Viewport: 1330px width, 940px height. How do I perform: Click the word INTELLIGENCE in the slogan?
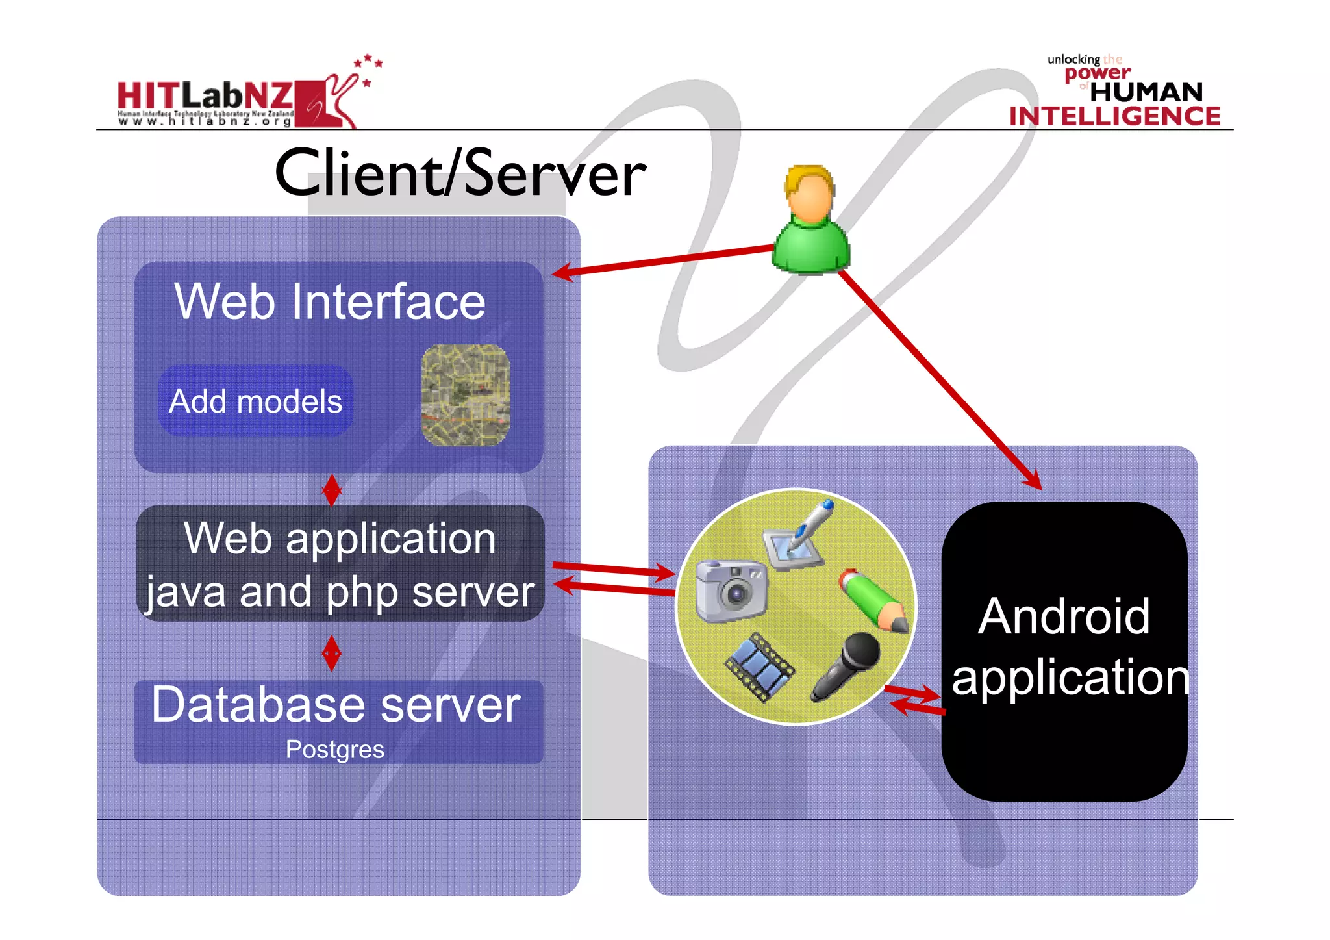click(1114, 117)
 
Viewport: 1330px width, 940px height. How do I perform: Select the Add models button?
click(255, 401)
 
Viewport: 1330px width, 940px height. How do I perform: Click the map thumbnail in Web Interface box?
click(465, 395)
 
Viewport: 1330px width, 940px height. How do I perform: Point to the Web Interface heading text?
click(330, 301)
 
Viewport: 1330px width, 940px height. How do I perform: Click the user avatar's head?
click(809, 195)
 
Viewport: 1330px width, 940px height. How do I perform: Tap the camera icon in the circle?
click(731, 590)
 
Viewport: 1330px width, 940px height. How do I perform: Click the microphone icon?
click(846, 665)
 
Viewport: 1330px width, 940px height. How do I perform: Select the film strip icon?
click(759, 667)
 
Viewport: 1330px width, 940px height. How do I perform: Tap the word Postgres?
click(335, 750)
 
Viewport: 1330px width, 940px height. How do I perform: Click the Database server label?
click(336, 705)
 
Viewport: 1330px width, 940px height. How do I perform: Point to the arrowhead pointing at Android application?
click(1032, 480)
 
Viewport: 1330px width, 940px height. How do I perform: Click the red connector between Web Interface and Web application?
click(332, 490)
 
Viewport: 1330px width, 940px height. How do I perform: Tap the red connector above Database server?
click(332, 653)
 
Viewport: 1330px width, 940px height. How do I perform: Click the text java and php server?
click(340, 592)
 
